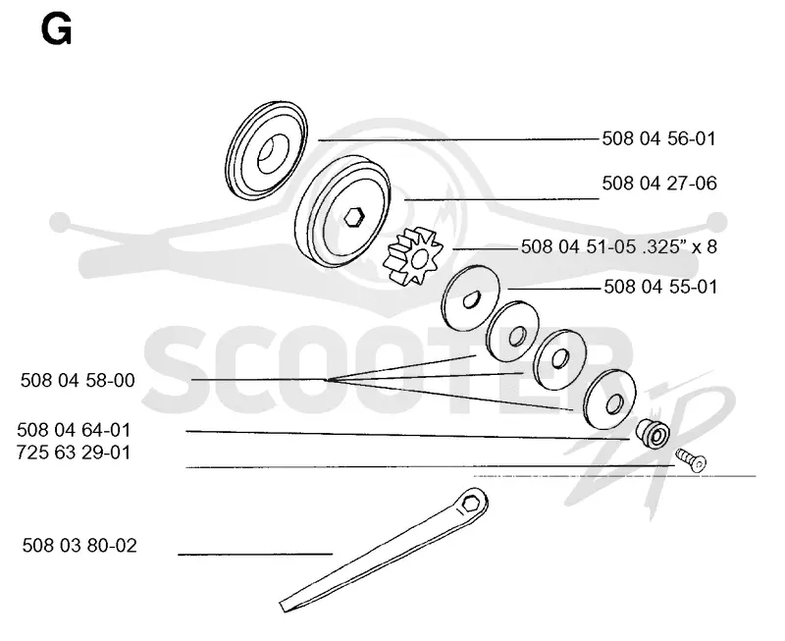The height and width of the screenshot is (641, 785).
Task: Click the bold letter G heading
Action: [56, 29]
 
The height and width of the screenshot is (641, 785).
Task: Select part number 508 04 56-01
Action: [658, 138]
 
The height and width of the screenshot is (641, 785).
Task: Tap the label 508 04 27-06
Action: [659, 184]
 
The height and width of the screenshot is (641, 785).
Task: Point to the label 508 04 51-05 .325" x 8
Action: [619, 246]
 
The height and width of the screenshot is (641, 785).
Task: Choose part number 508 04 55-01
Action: [660, 287]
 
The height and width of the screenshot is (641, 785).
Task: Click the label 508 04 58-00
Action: [78, 381]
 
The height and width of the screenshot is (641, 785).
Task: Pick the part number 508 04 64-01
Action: [74, 430]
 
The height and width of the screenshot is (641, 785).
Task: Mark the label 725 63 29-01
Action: [74, 453]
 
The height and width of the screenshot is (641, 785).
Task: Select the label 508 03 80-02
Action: [79, 546]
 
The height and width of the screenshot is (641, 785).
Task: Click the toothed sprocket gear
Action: [413, 256]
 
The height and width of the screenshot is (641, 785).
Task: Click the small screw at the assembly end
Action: [691, 459]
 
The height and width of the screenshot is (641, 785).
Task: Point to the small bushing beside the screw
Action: [653, 433]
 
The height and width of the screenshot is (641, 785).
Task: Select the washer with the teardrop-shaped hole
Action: [470, 298]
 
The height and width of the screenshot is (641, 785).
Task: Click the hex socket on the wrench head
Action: [470, 503]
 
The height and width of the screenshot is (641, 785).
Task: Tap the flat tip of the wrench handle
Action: [286, 605]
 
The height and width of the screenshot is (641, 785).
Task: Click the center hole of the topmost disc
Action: [273, 155]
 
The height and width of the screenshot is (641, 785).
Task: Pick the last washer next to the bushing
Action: [609, 400]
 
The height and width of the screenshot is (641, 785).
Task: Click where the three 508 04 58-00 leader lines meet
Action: [326, 380]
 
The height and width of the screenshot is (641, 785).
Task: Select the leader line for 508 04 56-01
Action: [458, 139]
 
